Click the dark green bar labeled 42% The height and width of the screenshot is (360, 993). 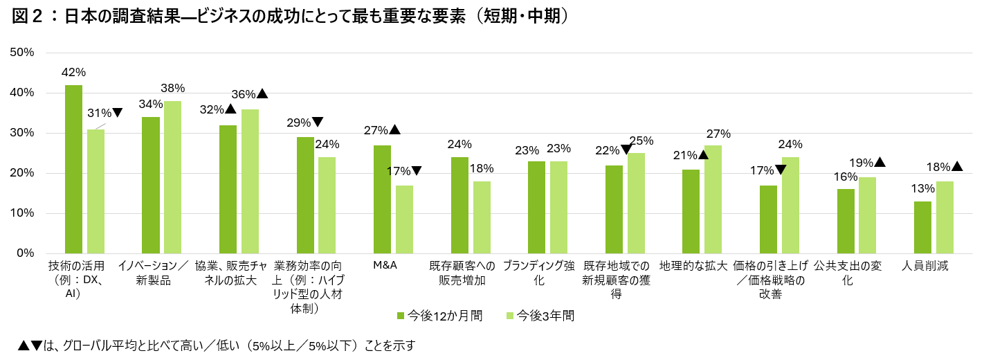pyautogui.click(x=73, y=169)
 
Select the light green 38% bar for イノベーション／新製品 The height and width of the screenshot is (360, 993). pyautogui.click(x=172, y=177)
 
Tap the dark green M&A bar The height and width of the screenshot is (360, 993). pyautogui.click(x=382, y=199)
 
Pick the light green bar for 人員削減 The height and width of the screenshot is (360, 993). pyautogui.click(x=944, y=217)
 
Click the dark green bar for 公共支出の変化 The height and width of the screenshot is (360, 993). pyautogui.click(x=845, y=222)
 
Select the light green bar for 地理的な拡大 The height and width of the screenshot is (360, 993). pyautogui.click(x=713, y=199)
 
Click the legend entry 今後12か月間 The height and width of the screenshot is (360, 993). pyautogui.click(x=439, y=316)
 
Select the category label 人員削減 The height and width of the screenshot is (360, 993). pyautogui.click(x=924, y=265)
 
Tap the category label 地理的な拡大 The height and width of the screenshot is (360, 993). pyautogui.click(x=693, y=265)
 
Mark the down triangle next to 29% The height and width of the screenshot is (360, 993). pyautogui.click(x=318, y=122)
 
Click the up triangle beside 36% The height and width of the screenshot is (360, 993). pyautogui.click(x=262, y=93)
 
